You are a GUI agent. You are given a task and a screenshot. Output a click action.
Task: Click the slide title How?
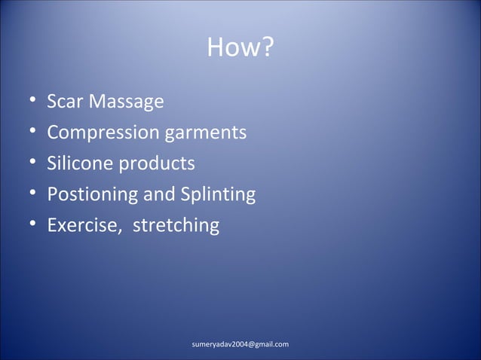tap(240, 50)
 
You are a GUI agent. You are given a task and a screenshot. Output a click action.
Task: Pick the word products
tap(160, 164)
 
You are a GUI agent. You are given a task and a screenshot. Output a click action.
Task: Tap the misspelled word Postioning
tap(93, 195)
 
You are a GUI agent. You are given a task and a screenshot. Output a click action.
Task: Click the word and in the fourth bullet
tap(158, 194)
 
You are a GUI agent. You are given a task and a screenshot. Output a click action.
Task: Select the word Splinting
tap(217, 195)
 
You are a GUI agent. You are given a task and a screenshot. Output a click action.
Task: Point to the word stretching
tap(176, 226)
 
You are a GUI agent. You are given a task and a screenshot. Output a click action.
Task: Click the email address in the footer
tap(240, 344)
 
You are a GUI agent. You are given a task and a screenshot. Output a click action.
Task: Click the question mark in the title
tap(267, 50)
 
